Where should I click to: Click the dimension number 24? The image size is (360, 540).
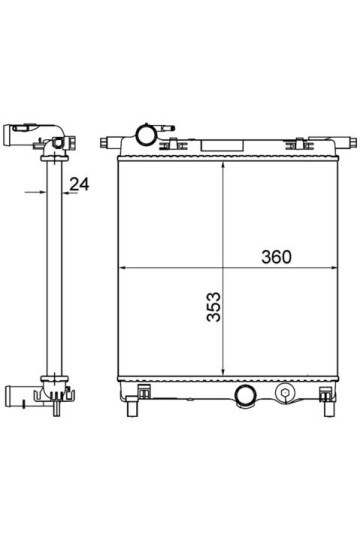tap(79, 184)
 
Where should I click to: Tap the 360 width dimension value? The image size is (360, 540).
tap(276, 257)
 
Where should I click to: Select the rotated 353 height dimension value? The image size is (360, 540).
tap(214, 307)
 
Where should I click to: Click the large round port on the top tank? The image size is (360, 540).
tap(146, 135)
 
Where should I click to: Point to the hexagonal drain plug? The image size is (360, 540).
tap(285, 393)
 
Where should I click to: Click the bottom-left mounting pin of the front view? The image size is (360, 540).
tap(132, 407)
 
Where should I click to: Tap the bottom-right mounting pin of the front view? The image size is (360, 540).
tap(329, 408)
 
